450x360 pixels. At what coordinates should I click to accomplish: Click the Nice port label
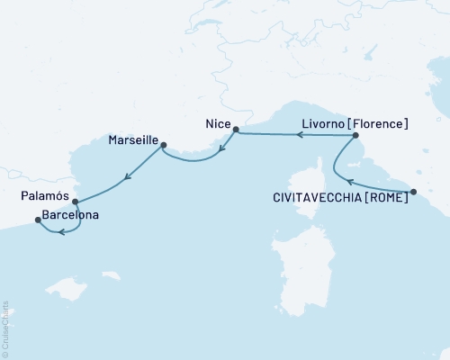click(x=218, y=123)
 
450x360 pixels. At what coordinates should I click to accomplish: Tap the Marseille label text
click(x=132, y=141)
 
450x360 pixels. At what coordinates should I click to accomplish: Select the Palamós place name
click(x=43, y=194)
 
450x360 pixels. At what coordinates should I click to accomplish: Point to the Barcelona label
click(x=69, y=216)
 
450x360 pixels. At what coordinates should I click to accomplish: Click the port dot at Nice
click(x=236, y=131)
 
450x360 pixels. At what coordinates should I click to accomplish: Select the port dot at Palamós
click(x=75, y=202)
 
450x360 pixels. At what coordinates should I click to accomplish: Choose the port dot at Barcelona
click(x=37, y=218)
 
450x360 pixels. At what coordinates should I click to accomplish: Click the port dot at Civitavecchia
click(x=413, y=191)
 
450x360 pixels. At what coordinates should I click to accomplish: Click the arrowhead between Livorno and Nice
click(x=301, y=135)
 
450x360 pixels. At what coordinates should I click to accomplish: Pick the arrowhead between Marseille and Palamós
click(x=127, y=176)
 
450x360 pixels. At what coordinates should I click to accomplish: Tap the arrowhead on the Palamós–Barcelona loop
click(x=60, y=233)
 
